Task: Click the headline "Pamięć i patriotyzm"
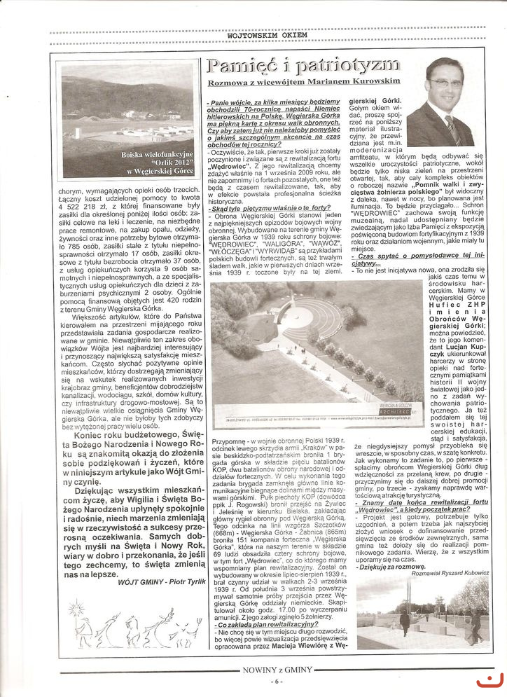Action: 303,67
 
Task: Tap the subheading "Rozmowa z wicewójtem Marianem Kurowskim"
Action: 303,83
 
